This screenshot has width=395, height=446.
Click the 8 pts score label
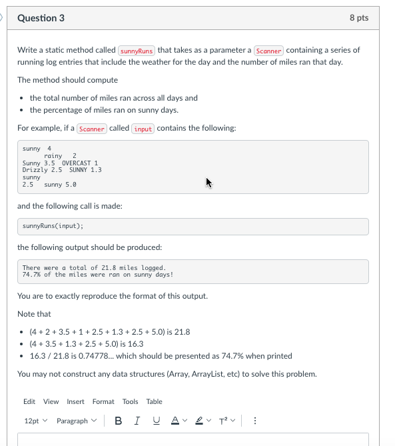(358, 18)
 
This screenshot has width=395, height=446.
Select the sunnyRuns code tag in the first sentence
(137, 51)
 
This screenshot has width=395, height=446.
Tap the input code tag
(143, 129)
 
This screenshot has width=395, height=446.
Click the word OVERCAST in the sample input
(80, 163)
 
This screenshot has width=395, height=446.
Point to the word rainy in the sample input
(53, 155)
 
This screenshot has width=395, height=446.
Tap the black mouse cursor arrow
(208, 181)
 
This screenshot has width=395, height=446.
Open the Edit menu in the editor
(29, 401)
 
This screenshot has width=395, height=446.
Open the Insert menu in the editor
(75, 401)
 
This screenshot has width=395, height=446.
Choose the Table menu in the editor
(154, 401)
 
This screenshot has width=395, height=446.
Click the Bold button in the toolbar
(118, 421)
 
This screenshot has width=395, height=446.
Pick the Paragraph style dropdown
(76, 421)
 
